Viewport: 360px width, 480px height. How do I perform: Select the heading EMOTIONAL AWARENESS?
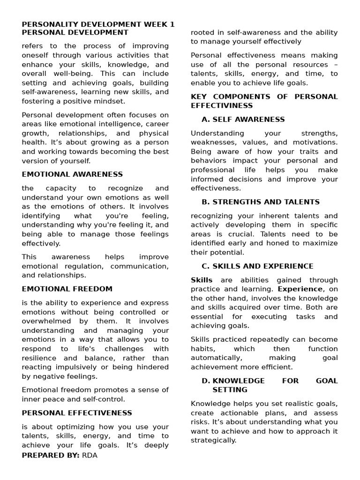coord(72,174)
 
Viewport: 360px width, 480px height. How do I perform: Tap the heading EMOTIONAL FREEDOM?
coord(67,289)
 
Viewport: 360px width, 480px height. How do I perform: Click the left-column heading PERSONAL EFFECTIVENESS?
coord(77,413)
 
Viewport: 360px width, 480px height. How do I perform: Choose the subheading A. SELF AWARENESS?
coord(243,120)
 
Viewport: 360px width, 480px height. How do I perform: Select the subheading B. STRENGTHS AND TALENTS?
coord(260,202)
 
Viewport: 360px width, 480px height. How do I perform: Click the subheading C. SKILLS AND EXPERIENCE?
coord(257,266)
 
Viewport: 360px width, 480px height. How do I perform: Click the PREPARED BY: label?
coord(51,455)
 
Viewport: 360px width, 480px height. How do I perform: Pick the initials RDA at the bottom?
coord(90,455)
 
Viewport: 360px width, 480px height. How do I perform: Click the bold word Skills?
coord(202,280)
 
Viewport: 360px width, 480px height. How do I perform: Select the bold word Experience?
coord(300,289)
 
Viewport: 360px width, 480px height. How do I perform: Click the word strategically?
coord(213,440)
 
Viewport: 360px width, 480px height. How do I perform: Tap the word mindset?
coord(109,101)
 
